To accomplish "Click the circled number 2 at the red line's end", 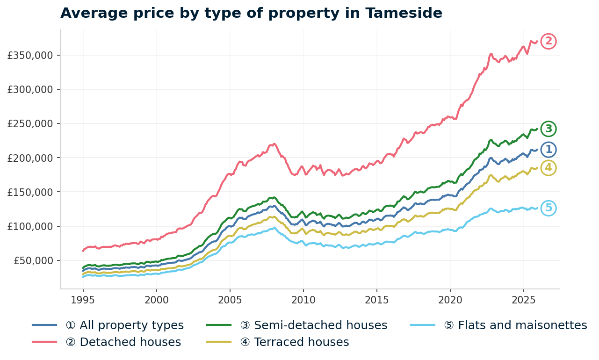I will (548, 42).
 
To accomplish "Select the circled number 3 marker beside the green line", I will (548, 129).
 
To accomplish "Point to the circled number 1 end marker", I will (548, 150).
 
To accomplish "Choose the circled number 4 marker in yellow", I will (548, 168).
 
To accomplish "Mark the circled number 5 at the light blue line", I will (548, 209).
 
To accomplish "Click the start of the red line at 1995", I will (83, 251).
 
